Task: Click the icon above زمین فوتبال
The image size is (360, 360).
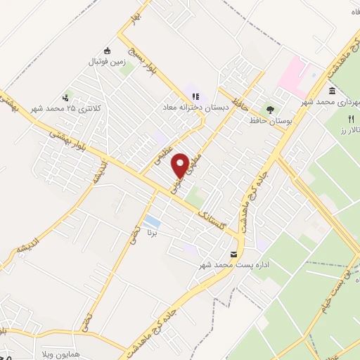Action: [x=107, y=51]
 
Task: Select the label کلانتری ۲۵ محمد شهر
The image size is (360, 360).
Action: [x=67, y=109]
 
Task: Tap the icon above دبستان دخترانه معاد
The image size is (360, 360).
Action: [x=195, y=96]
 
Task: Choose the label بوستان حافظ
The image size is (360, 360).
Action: [x=270, y=122]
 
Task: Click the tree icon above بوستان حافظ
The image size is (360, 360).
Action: [x=270, y=110]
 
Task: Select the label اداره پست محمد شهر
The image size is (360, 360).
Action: [x=224, y=264]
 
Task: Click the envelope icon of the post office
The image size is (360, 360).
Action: [x=234, y=253]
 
